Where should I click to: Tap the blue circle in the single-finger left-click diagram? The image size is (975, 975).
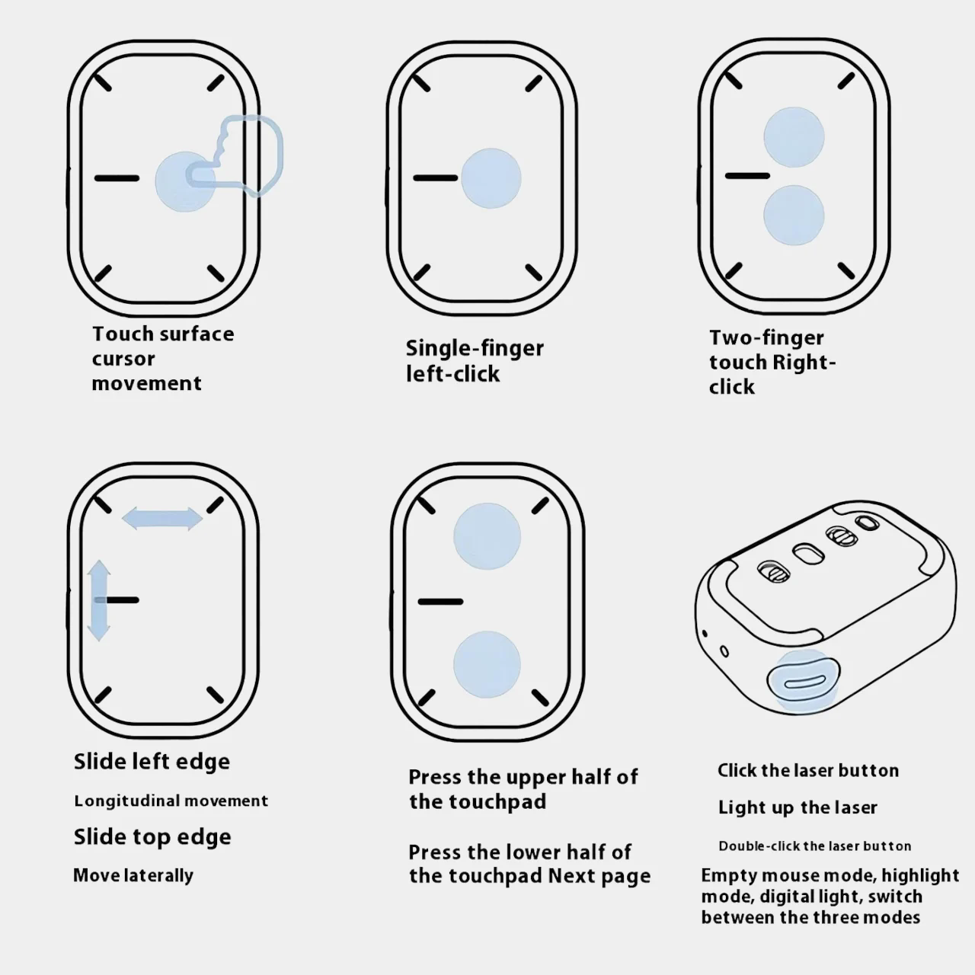pyautogui.click(x=491, y=178)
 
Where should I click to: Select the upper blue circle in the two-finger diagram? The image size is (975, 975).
pyautogui.click(x=794, y=136)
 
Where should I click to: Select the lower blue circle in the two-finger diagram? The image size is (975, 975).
pyautogui.click(x=794, y=215)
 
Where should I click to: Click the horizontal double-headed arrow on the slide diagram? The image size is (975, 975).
pyautogui.click(x=162, y=519)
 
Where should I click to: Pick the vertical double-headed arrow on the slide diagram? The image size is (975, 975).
pyautogui.click(x=99, y=600)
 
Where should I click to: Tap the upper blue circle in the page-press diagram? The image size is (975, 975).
pyautogui.click(x=487, y=536)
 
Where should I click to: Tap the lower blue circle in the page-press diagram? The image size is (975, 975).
pyautogui.click(x=487, y=664)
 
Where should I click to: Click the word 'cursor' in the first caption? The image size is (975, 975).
pyautogui.click(x=123, y=359)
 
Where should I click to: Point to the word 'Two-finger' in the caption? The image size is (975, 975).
pyautogui.click(x=766, y=337)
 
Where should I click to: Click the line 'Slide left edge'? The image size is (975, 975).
pyautogui.click(x=152, y=762)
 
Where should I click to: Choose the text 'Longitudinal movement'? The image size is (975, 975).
pyautogui.click(x=171, y=801)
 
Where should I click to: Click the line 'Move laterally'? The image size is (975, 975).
pyautogui.click(x=133, y=875)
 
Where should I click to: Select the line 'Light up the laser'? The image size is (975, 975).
pyautogui.click(x=798, y=807)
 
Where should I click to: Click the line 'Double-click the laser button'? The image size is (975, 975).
pyautogui.click(x=814, y=846)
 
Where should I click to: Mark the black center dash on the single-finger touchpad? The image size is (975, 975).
pyautogui.click(x=435, y=178)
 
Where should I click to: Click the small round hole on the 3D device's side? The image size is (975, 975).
pyautogui.click(x=724, y=651)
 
